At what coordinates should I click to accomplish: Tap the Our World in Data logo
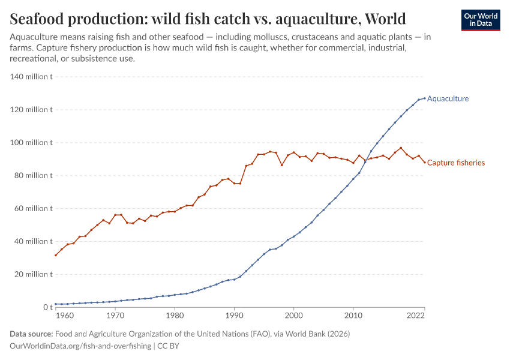coord(480,20)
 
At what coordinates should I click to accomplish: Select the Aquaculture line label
coord(448,98)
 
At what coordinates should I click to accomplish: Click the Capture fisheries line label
coord(455,163)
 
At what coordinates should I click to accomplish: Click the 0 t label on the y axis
coord(47,307)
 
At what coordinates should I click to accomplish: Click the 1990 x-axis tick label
coord(234,316)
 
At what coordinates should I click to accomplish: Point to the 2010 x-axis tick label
coord(353,316)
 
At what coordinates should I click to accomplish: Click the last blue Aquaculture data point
coord(424,98)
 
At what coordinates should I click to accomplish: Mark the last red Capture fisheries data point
coord(424,162)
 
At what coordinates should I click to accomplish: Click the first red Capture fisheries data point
coord(55,255)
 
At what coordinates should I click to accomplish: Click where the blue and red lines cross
coord(365,160)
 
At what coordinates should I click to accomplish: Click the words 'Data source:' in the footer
coord(31,334)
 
